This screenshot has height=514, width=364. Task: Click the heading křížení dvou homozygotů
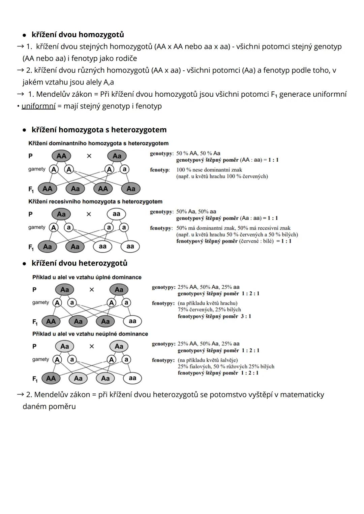coord(78,35)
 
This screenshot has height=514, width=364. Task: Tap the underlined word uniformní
coord(38,106)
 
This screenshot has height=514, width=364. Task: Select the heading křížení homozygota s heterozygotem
coord(99,130)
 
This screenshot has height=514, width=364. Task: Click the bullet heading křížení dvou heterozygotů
coord(79,263)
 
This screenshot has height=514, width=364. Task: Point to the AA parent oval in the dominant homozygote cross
coord(61,156)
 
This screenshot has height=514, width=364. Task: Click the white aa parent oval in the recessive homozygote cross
coord(116,214)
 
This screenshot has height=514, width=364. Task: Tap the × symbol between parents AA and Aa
coord(89,156)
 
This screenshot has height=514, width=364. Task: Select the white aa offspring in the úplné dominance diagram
coord(132,321)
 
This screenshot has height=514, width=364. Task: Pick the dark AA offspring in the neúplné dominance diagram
coord(51,378)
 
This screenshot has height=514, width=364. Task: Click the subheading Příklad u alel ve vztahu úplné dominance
coord(87,277)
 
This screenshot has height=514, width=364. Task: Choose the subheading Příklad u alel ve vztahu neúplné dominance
coord(90,334)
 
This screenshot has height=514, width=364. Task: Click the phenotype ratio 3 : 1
coord(246,316)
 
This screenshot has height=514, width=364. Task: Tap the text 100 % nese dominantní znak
coord(209,170)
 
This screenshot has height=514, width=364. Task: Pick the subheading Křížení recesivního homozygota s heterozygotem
coord(95,201)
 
